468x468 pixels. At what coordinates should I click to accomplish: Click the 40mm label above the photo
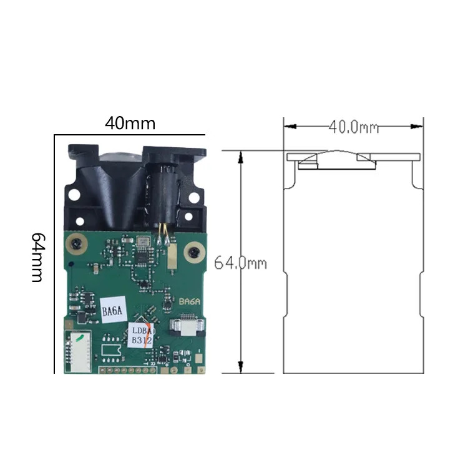pyautogui.click(x=130, y=123)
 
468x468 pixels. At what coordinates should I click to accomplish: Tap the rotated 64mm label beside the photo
pyautogui.click(x=39, y=258)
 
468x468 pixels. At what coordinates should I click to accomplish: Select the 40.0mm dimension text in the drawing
pyautogui.click(x=354, y=127)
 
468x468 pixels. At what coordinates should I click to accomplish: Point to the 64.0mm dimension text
pyautogui.click(x=240, y=263)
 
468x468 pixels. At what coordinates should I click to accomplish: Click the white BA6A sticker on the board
pyautogui.click(x=113, y=310)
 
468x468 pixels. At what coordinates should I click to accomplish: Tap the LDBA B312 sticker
pyautogui.click(x=142, y=336)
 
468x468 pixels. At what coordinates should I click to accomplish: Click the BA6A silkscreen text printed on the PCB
pyautogui.click(x=190, y=301)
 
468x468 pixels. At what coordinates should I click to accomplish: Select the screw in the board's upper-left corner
pyautogui.click(x=77, y=245)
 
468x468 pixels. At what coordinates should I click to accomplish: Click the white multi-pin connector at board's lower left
pyautogui.click(x=78, y=351)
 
